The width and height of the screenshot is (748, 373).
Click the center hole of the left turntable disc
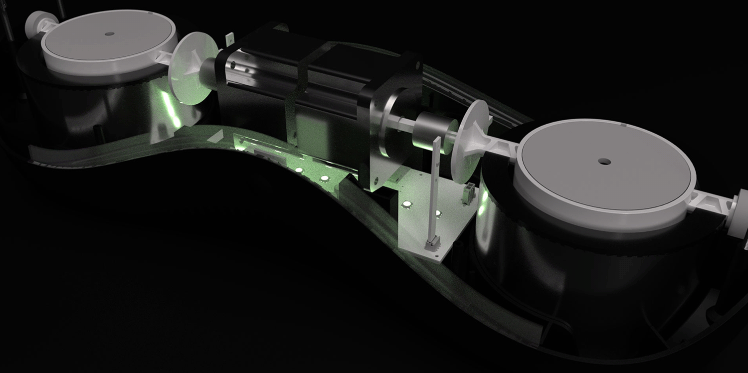pos(110,34)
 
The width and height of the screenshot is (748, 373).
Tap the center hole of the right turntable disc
pos(604,162)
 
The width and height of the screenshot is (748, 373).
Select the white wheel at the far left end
pos(34,21)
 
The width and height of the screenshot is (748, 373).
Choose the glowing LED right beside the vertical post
pos(439,213)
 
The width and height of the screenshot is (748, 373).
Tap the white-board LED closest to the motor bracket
pos(407,204)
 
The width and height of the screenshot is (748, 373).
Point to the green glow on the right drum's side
pos(483,204)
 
